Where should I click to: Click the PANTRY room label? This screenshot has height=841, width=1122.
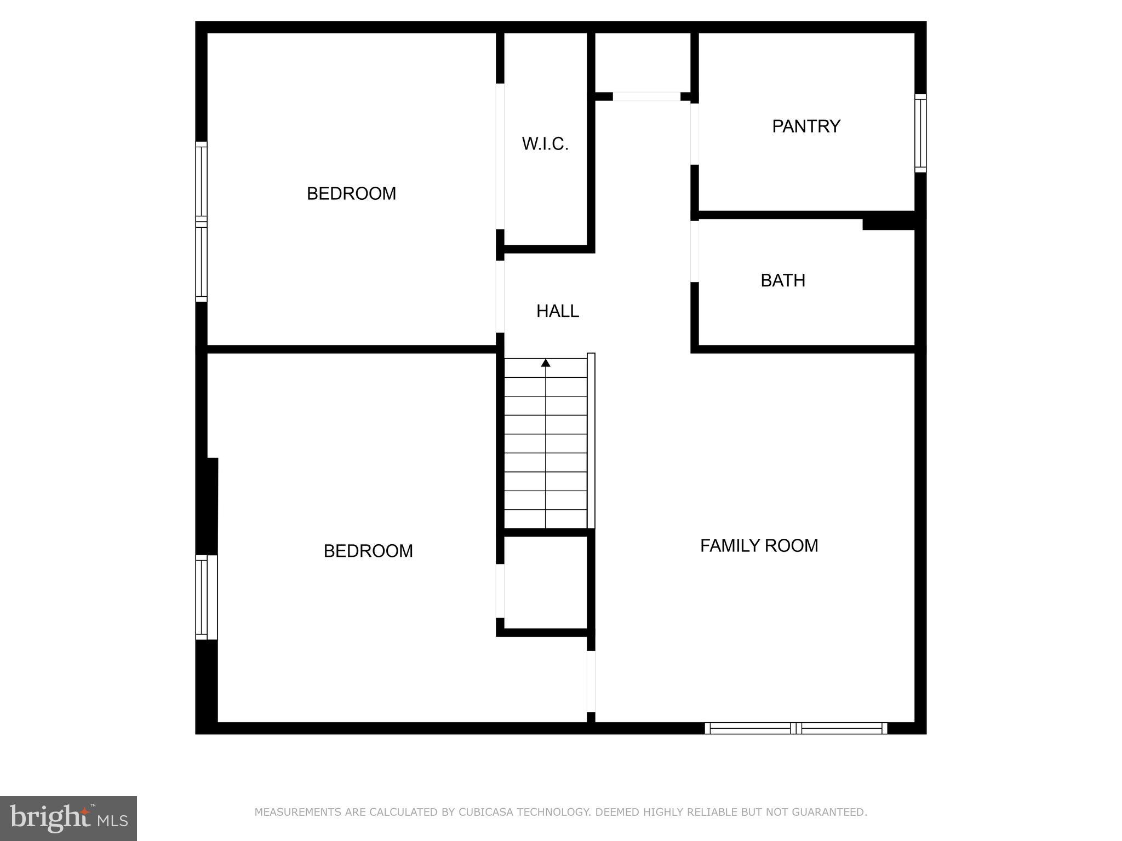806,126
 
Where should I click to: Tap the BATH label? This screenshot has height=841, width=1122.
783,280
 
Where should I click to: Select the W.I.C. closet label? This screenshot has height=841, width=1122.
545,144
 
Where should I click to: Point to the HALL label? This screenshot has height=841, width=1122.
557,311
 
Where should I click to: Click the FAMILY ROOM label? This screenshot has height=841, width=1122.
759,545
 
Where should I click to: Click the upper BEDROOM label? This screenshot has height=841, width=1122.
351,194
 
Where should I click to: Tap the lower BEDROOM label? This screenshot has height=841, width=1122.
368,551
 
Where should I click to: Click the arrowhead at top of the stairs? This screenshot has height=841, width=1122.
546,362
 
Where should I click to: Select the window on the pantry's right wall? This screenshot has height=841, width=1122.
920,133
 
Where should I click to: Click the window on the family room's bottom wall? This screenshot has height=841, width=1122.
795,728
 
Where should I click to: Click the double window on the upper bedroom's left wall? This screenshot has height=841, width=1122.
202,221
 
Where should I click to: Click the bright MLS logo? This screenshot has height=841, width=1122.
68,818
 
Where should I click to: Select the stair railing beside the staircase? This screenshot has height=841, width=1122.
591,441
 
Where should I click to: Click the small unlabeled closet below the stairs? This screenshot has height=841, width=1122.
546,582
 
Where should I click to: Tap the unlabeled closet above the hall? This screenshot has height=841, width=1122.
643,62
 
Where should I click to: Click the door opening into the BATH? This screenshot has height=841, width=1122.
694,251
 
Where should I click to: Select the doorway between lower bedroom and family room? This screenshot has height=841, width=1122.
591,681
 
